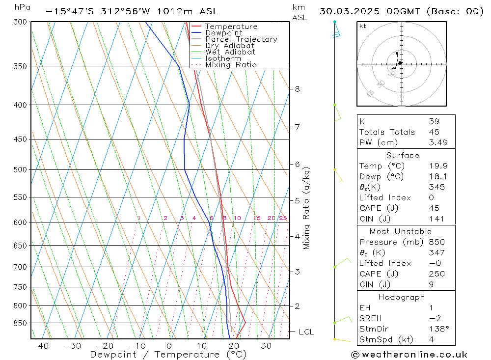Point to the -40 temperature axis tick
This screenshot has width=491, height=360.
point(40,346)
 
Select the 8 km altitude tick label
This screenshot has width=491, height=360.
point(298,89)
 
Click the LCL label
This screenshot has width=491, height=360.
point(306,332)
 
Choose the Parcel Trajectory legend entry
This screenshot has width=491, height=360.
point(241,39)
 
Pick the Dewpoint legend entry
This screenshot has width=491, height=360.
point(223,33)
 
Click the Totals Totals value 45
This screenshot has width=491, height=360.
point(434,132)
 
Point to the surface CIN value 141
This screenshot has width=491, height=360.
point(436,219)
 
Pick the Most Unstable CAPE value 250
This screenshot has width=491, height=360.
point(436,274)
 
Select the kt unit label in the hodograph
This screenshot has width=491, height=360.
point(363,26)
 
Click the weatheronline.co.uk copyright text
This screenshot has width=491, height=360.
point(409,354)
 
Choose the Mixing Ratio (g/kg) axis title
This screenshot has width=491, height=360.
point(307,208)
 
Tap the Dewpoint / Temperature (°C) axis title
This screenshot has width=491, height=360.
point(168,355)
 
